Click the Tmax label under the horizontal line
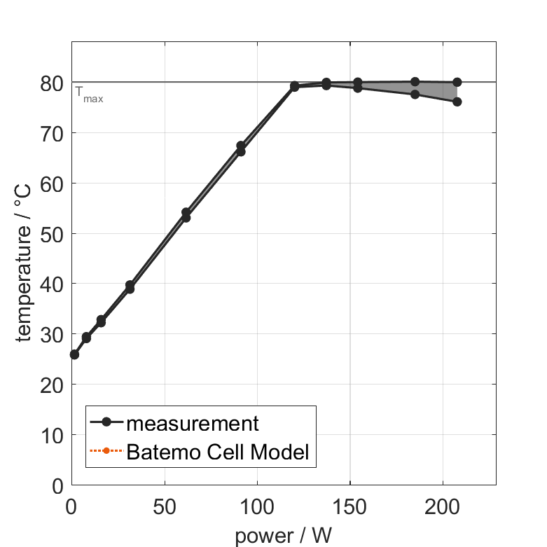(89, 98)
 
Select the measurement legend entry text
(192, 423)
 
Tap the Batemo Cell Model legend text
(218, 452)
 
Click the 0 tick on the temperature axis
(57, 485)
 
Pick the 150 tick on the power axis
(349, 506)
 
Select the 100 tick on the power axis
(257, 506)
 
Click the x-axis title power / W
(283, 536)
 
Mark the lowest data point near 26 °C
(74, 354)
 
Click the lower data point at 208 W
(457, 102)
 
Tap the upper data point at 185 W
(415, 82)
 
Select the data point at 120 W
(295, 87)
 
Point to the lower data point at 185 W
(415, 94)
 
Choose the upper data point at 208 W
(457, 82)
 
